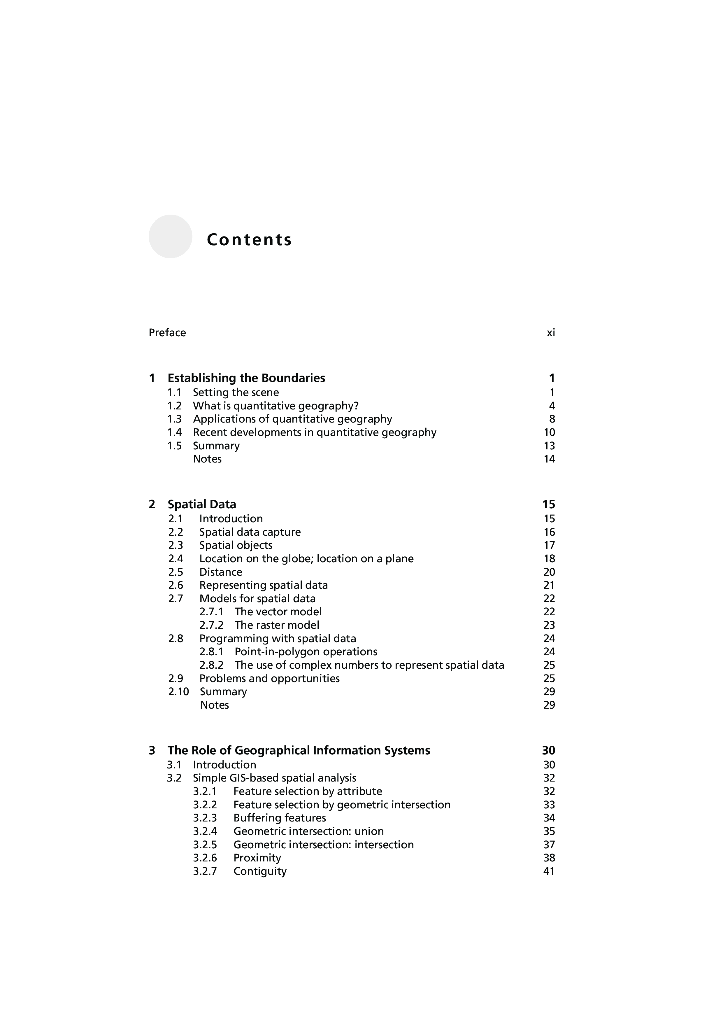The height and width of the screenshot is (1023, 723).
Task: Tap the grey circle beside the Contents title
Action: click(170, 237)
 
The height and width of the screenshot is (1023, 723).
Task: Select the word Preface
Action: click(167, 333)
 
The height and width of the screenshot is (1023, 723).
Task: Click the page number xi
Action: click(551, 333)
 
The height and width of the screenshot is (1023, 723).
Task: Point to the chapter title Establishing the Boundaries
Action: click(246, 378)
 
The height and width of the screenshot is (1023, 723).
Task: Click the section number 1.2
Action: click(174, 406)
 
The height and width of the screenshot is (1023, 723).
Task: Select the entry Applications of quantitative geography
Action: click(292, 419)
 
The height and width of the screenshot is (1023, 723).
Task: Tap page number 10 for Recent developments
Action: click(549, 433)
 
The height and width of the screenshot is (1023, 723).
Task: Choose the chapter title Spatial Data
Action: click(202, 505)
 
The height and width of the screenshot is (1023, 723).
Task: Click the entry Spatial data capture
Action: click(250, 532)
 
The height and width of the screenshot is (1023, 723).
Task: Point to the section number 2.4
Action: click(176, 559)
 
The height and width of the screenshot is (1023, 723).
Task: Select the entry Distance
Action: click(220, 572)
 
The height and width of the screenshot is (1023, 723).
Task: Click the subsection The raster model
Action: click(277, 625)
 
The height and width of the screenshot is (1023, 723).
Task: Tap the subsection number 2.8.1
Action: click(211, 652)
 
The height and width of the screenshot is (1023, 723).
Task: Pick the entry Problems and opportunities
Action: click(269, 679)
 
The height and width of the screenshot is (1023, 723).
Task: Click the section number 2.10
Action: click(178, 692)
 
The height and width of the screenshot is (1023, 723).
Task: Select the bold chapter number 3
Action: click(152, 751)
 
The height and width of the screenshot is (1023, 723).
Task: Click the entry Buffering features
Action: click(279, 818)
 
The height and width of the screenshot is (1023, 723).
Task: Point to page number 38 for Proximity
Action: click(549, 858)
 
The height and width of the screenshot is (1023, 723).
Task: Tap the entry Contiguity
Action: click(260, 872)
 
